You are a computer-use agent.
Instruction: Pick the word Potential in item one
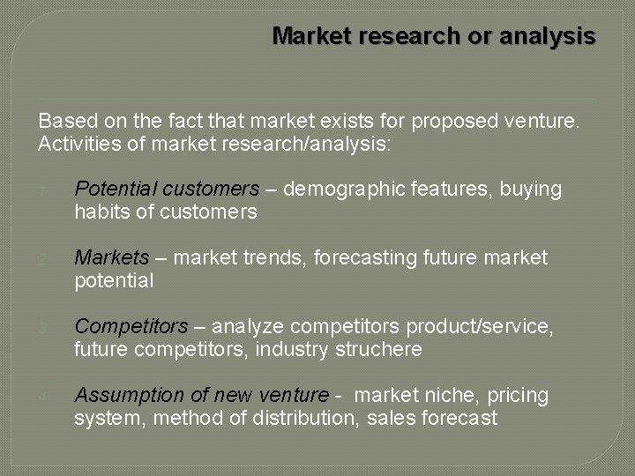tap(110, 189)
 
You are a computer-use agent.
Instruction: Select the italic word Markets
tap(112, 257)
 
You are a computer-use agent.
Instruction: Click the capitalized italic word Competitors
tap(131, 327)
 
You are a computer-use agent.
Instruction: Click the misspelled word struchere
tap(379, 350)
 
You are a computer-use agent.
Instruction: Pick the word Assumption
tap(126, 396)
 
